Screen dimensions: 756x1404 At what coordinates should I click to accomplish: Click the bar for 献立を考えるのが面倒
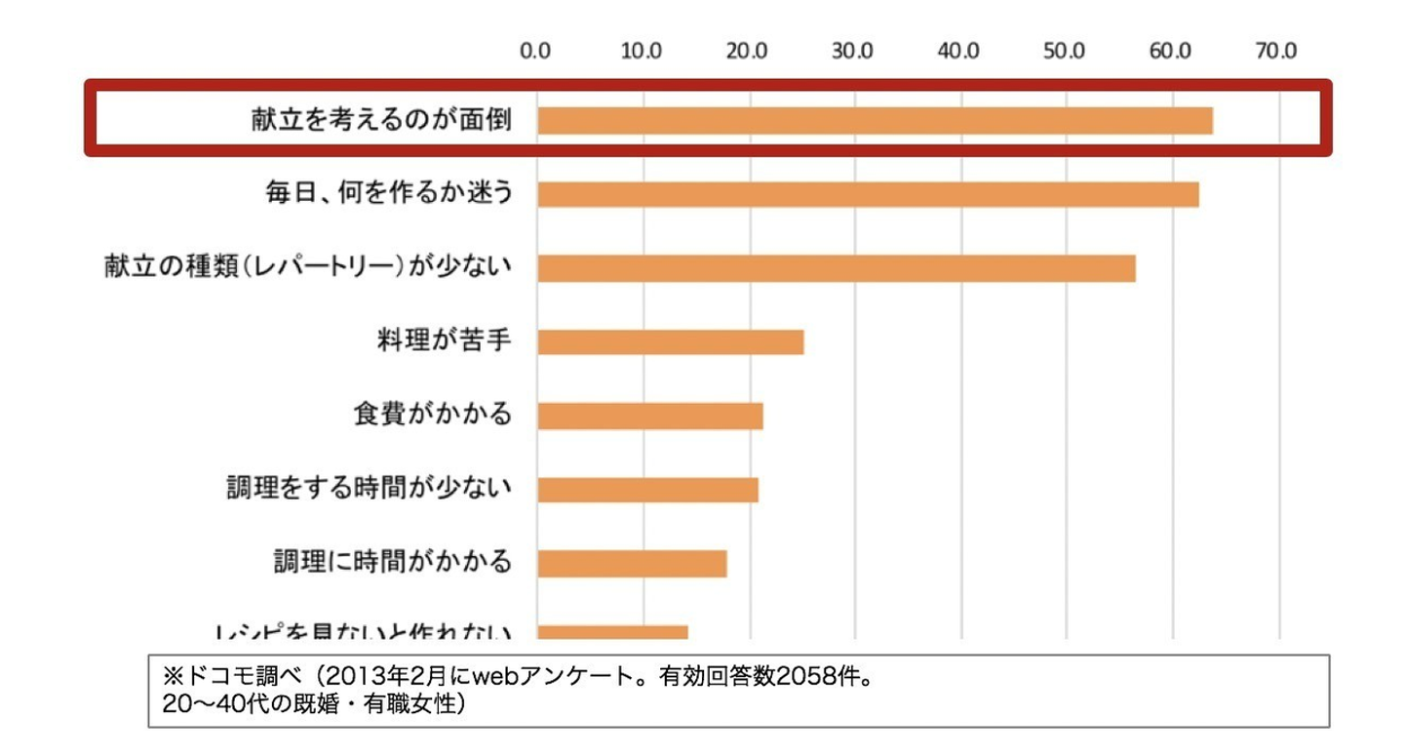click(x=875, y=120)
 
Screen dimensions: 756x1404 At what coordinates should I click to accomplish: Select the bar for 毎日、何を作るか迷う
click(x=868, y=194)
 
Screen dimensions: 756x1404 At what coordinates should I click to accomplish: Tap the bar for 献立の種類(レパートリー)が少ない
click(x=836, y=268)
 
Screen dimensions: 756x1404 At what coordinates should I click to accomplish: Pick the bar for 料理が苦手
click(x=670, y=342)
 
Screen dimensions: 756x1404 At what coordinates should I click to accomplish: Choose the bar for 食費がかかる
click(x=649, y=417)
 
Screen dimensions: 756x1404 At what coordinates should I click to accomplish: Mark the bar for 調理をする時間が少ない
click(x=647, y=489)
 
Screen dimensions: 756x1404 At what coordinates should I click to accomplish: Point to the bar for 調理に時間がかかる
click(x=632, y=563)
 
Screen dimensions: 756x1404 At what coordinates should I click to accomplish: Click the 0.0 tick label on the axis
click(x=536, y=51)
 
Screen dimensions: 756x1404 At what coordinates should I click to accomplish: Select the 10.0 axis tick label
click(x=642, y=51)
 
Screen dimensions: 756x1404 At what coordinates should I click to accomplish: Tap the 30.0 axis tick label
click(x=853, y=51)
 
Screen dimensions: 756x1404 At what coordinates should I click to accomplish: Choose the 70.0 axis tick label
click(x=1276, y=51)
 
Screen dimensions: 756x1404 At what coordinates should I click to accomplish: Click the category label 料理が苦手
click(x=444, y=341)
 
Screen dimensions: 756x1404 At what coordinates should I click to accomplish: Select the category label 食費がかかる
click(x=432, y=415)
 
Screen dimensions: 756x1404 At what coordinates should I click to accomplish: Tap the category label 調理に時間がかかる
click(x=392, y=562)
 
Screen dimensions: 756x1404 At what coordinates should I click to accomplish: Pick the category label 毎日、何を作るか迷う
click(x=388, y=193)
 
